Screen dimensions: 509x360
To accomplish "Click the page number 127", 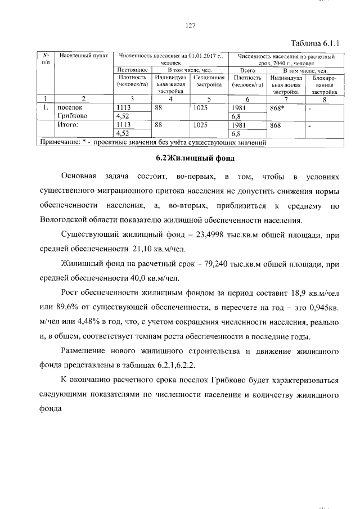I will click(190, 25).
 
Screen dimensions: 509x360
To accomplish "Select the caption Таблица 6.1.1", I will click(315, 43).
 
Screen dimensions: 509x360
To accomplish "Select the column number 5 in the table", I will click(209, 99).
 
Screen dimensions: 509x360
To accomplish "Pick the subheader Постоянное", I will click(132, 70).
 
